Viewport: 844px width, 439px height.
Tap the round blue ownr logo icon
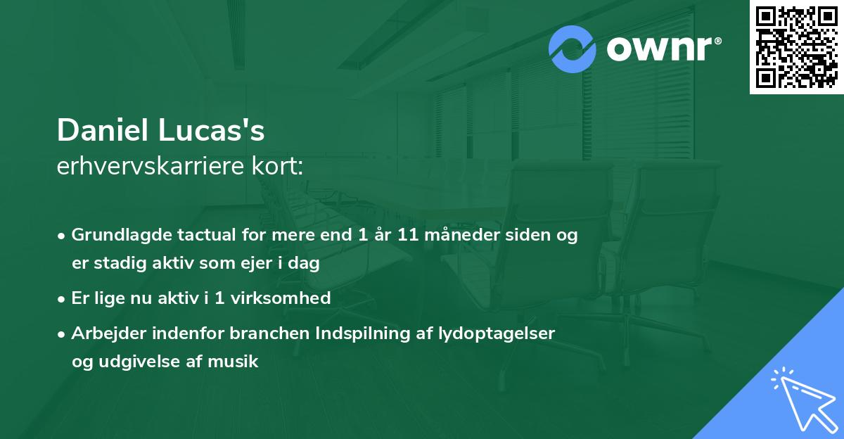[573, 49]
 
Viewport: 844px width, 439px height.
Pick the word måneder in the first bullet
[459, 235]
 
